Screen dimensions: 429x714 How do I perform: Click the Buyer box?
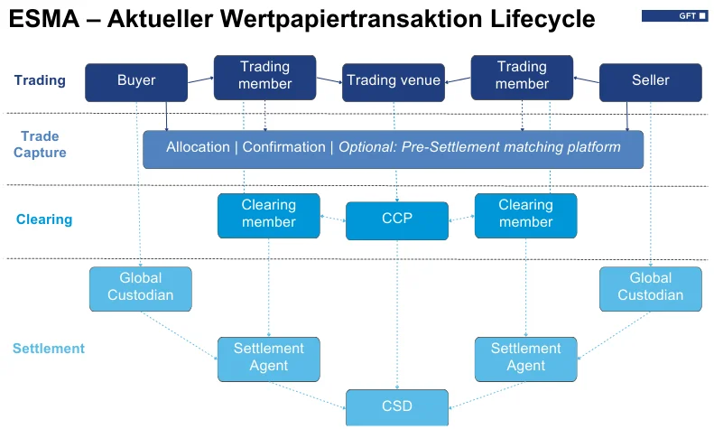(136, 81)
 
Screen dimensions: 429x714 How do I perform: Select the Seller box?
(650, 81)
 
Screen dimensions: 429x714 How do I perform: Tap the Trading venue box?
(394, 81)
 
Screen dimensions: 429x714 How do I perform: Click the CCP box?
(397, 220)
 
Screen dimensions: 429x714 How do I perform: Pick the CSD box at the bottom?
(397, 406)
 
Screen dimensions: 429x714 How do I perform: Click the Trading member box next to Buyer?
(264, 76)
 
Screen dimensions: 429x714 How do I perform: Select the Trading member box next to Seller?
(522, 76)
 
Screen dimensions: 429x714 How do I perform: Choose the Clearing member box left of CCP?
(268, 215)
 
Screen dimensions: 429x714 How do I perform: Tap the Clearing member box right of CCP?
(525, 215)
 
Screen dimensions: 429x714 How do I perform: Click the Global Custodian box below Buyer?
(140, 287)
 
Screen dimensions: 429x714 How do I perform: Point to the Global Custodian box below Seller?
(651, 287)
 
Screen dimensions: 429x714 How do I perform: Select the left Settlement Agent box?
(268, 358)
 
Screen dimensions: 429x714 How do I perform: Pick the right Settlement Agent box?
(525, 358)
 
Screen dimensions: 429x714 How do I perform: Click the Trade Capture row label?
(40, 145)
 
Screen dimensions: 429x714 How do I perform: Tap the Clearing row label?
(43, 219)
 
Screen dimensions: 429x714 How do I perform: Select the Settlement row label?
(48, 349)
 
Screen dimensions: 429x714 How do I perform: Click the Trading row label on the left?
(40, 80)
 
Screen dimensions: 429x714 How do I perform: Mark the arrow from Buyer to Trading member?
(199, 81)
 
